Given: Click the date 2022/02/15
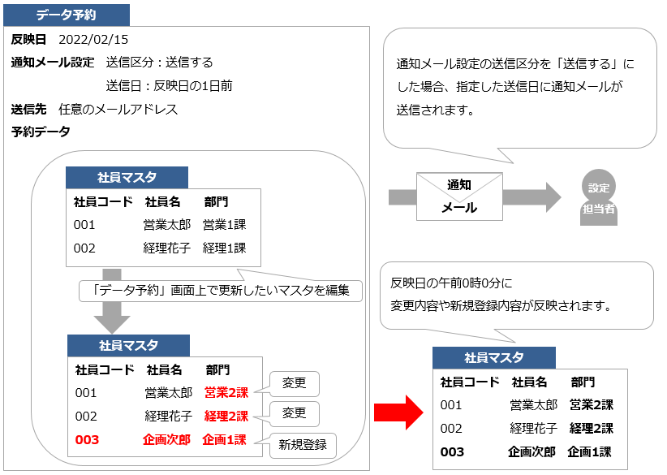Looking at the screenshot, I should [x=93, y=40].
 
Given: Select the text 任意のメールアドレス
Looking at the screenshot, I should [x=118, y=109].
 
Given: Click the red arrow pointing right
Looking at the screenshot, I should [x=398, y=413].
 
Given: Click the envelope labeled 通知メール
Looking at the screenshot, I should [x=459, y=196].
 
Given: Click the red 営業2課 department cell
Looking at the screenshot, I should [x=226, y=393].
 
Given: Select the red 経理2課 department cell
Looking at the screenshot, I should [x=226, y=417].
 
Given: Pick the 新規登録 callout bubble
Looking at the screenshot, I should [x=303, y=445].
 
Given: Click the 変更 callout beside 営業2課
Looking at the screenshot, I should [x=294, y=383].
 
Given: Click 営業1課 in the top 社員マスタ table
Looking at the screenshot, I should [x=224, y=225].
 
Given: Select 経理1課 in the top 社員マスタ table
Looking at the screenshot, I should [x=224, y=248].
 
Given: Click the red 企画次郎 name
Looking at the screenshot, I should [x=167, y=440].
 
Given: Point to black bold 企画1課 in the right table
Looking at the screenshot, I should [x=589, y=452].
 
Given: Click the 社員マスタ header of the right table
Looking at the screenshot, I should [x=493, y=358].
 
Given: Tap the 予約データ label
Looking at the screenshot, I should [x=41, y=132].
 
